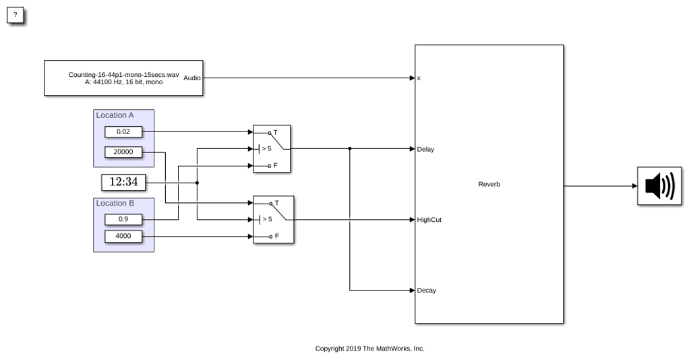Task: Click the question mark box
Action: pyautogui.click(x=15, y=16)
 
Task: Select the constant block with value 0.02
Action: pyautogui.click(x=123, y=132)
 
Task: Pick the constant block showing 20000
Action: pyautogui.click(x=123, y=152)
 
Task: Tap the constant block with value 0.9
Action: pyautogui.click(x=123, y=219)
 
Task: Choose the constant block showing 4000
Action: pyautogui.click(x=123, y=237)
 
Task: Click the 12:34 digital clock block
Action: pyautogui.click(x=123, y=182)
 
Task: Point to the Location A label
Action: pyautogui.click(x=115, y=115)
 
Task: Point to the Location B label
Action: pyautogui.click(x=115, y=203)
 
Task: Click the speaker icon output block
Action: pyautogui.click(x=659, y=186)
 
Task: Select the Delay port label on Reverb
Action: pyautogui.click(x=425, y=150)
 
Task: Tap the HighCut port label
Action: pyautogui.click(x=429, y=220)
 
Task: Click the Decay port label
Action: pyautogui.click(x=426, y=291)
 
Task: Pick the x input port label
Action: pyautogui.click(x=419, y=78)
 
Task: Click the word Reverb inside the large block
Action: pyautogui.click(x=489, y=184)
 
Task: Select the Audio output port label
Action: pyautogui.click(x=192, y=78)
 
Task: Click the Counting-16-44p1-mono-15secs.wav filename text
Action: pyautogui.click(x=123, y=75)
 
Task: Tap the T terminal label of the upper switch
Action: pyautogui.click(x=276, y=132)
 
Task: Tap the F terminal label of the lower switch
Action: pyautogui.click(x=277, y=237)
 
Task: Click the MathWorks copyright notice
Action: pyautogui.click(x=369, y=349)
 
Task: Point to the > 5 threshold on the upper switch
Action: pyautogui.click(x=266, y=148)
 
